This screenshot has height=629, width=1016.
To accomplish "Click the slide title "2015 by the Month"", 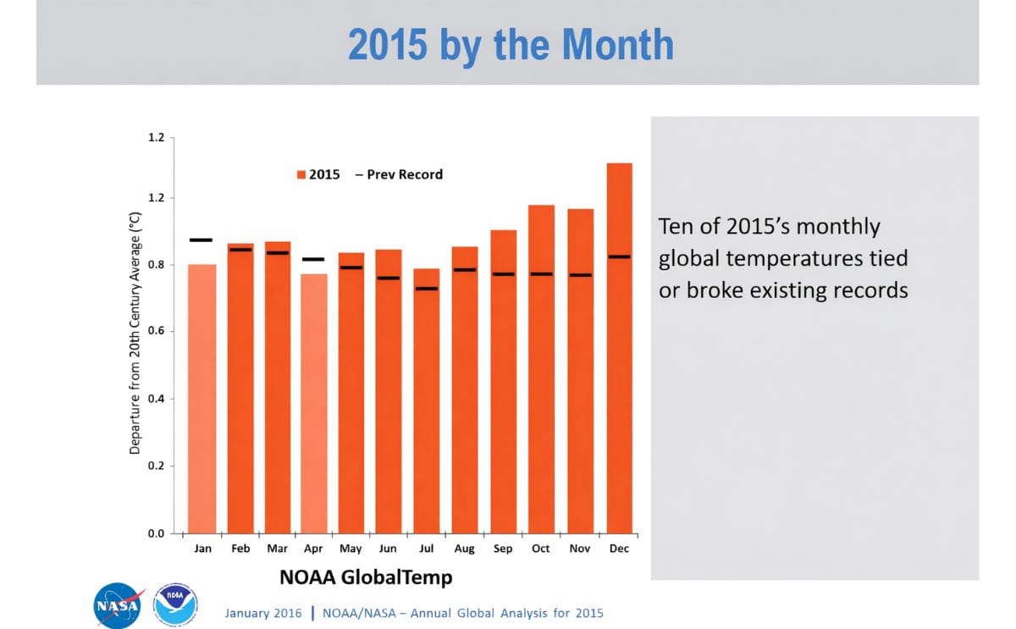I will [511, 44].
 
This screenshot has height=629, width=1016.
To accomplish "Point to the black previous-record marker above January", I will [202, 240].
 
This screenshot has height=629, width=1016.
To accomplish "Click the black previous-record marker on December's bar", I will [619, 257].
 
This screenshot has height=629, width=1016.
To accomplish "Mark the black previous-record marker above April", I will [313, 259].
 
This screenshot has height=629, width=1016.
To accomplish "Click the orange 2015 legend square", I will [301, 174].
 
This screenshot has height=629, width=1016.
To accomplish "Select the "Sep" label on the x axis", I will [503, 549].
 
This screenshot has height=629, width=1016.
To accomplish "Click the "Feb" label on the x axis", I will [240, 549].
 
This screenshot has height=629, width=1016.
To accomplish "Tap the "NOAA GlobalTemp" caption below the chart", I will [366, 577].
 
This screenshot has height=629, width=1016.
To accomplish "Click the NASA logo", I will [117, 604].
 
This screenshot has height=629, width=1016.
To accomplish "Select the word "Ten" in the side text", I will [675, 227].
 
